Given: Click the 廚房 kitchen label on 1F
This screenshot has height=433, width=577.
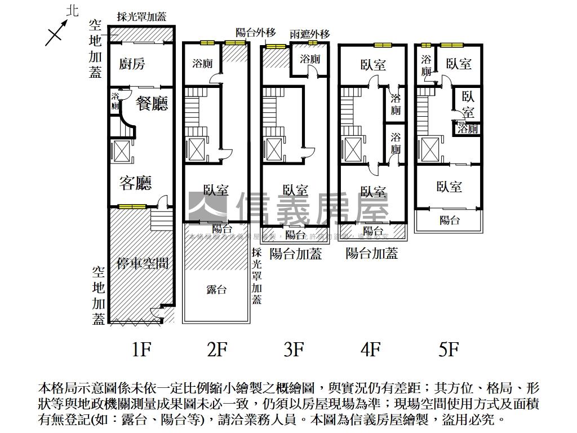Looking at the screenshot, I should pos(132,64).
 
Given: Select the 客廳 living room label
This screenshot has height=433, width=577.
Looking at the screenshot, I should pos(135,183).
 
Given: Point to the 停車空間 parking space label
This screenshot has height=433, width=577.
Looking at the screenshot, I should pos(143,263).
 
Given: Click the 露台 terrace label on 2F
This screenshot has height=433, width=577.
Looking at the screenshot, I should pos(216,290).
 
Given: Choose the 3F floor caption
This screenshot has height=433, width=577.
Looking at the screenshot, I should pos(294,350).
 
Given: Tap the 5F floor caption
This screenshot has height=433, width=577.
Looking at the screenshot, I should pos(448,350).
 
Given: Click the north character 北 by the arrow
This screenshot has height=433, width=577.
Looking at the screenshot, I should pos(72,11).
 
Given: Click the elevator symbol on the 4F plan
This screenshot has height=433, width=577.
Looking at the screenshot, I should pos(352,149).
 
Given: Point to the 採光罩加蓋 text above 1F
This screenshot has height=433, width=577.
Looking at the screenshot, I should pos(141,17).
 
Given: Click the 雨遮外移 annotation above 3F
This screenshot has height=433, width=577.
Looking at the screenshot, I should pos(310,34).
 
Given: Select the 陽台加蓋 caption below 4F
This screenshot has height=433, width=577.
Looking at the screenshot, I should pos(372,253).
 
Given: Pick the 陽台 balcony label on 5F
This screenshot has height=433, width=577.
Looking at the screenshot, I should pos(449,220).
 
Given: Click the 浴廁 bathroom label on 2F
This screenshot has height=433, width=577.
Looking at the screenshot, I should pos(202,63).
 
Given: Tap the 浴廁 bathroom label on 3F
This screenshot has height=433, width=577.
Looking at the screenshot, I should pos(310,59).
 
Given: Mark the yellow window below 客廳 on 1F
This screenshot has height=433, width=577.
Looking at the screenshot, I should pos(132,206).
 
